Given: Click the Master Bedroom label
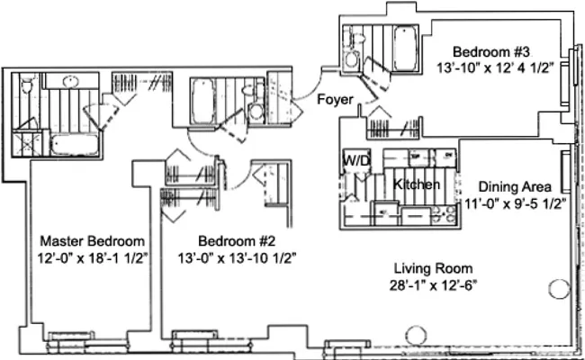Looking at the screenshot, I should tap(93, 241).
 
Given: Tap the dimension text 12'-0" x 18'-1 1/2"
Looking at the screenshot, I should tap(93, 257).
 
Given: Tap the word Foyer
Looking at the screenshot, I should tap(334, 99).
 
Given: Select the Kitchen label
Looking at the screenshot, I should tap(417, 184).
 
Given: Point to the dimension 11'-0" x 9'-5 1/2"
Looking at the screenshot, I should tap(515, 203).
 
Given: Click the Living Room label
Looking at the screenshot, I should tap(433, 269).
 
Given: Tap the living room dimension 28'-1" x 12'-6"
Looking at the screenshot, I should tap(433, 286).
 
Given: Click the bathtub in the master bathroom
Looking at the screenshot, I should tap(76, 146).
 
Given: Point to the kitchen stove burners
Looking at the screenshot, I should tap(444, 214).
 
